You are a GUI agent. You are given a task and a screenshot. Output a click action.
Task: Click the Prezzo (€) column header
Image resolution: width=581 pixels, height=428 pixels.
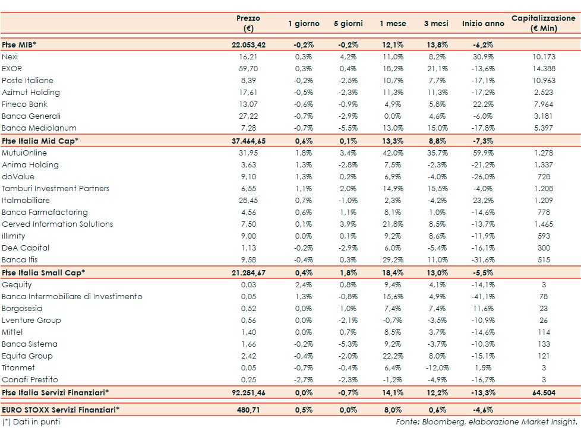248,23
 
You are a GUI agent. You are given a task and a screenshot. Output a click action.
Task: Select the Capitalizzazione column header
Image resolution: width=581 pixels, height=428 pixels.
544,23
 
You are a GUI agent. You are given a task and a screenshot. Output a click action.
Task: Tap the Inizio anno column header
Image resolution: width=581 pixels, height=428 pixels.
482,24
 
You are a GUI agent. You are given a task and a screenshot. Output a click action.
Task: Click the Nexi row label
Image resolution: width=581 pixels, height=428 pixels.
10,56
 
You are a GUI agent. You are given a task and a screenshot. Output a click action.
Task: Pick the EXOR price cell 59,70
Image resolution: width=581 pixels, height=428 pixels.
248,68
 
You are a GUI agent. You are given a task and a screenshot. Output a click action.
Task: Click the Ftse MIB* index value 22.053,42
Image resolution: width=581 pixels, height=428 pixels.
248,45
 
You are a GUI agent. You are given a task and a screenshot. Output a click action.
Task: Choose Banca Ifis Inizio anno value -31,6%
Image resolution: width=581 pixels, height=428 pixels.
482,260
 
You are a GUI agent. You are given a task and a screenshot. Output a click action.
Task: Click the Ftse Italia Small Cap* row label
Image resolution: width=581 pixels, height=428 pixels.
43,272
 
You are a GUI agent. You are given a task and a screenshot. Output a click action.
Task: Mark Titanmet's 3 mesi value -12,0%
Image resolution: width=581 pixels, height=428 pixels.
438,368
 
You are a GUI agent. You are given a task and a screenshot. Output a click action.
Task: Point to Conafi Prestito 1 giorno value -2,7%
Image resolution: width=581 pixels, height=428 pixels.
304,380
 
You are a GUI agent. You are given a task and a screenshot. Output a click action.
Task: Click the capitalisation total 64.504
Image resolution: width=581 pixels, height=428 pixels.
543,392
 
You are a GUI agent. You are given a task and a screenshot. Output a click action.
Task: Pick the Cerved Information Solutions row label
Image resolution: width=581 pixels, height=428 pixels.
57,224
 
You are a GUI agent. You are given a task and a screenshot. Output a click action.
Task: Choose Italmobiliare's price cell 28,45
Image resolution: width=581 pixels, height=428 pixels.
248,200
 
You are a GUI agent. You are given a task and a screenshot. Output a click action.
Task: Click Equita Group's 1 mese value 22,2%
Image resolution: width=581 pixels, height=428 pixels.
393,356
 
